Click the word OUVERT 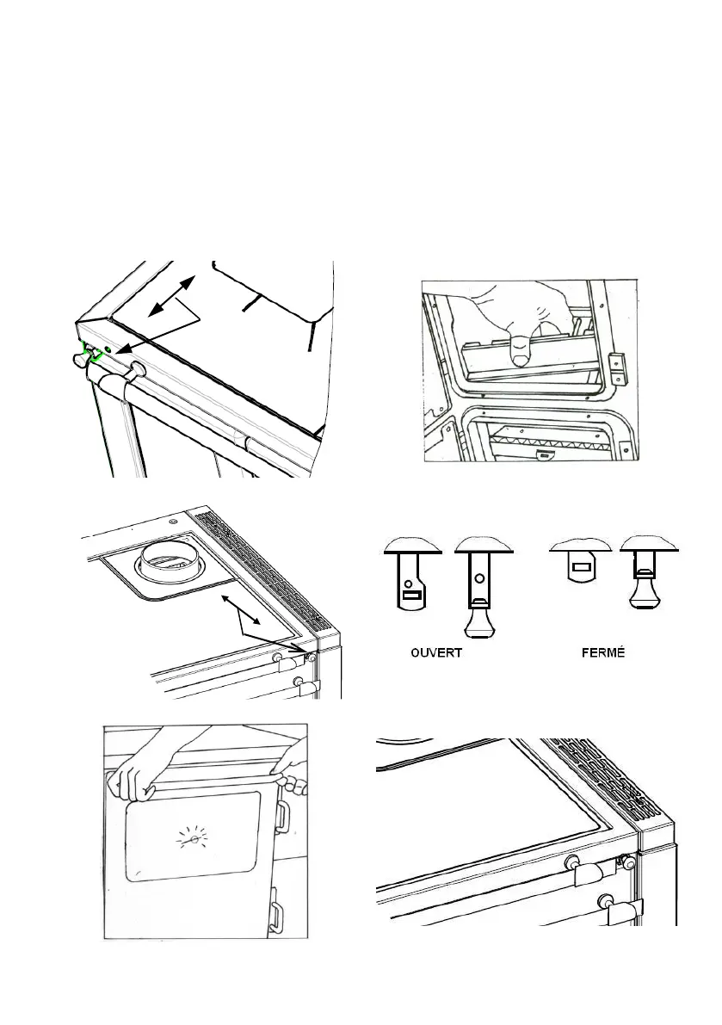[435, 653]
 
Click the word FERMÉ [603, 652]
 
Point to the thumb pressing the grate [521, 349]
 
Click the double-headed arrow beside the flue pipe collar [243, 610]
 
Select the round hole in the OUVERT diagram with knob [480, 578]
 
